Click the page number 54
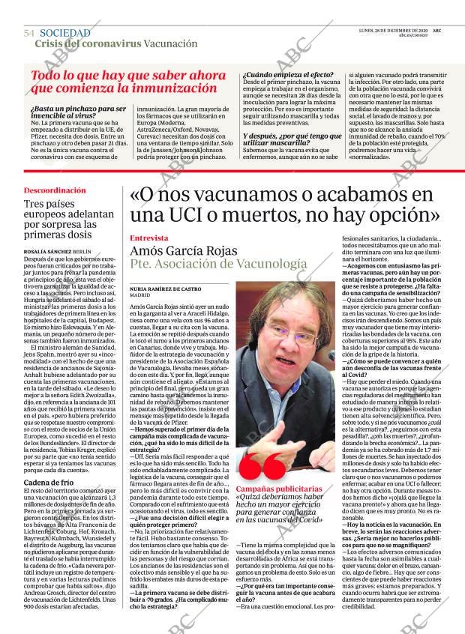click(x=29, y=34)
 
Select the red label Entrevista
click(x=151, y=238)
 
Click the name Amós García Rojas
click(x=192, y=252)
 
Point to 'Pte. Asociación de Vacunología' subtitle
click(x=218, y=265)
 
